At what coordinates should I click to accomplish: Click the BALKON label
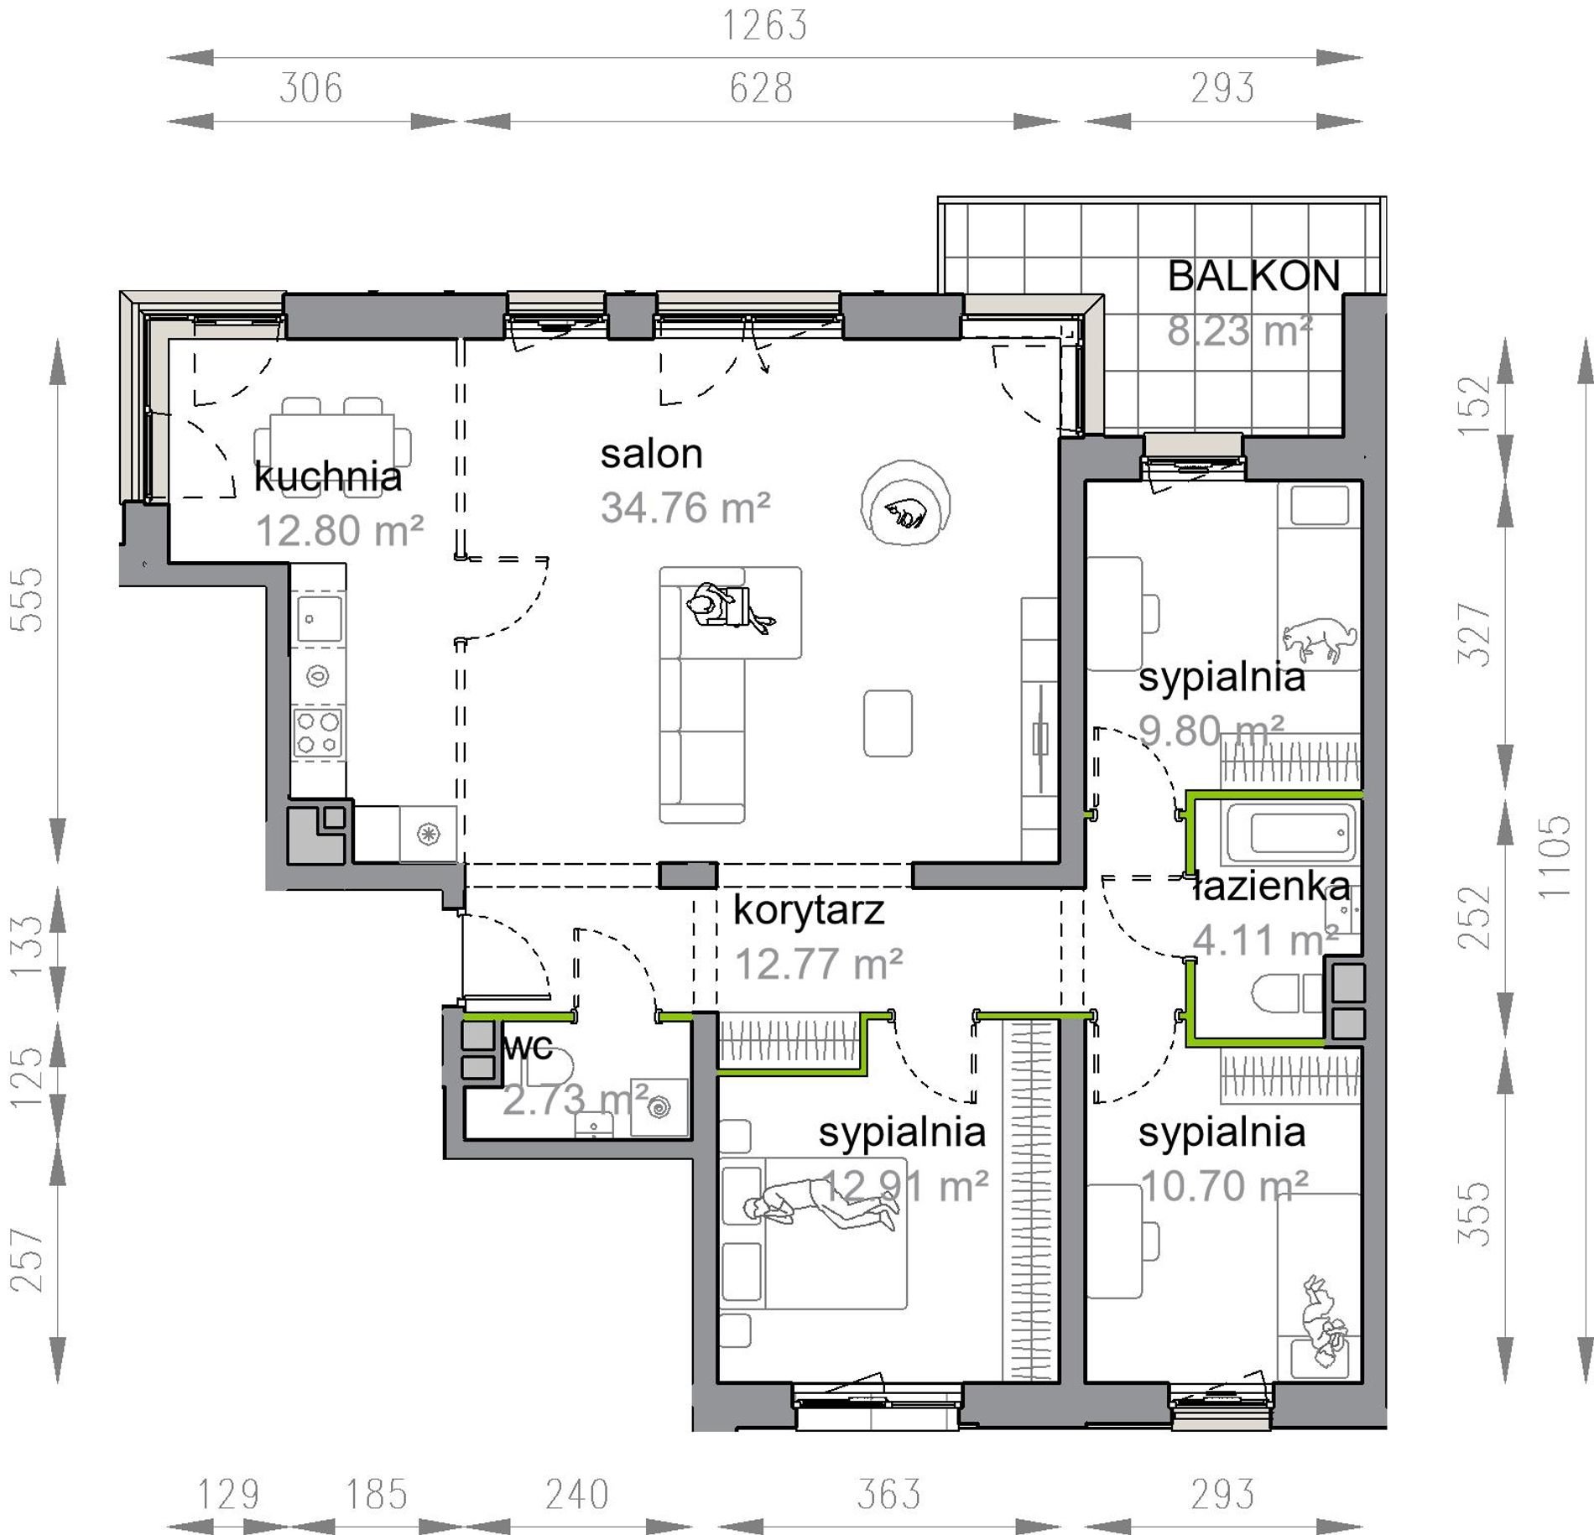pos(1253,276)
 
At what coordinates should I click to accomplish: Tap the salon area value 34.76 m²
pos(685,508)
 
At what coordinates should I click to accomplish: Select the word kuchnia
pos(328,476)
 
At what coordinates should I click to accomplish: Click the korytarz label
pos(809,911)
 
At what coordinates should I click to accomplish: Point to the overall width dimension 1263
pos(765,26)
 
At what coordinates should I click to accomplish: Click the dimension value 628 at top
pos(761,88)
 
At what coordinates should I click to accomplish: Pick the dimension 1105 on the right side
pos(1555,856)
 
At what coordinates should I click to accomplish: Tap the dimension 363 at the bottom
pos(888,1494)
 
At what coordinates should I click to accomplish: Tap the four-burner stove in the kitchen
pos(318,733)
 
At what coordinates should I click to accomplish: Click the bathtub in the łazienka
pos(1291,833)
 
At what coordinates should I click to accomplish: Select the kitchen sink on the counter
pos(318,619)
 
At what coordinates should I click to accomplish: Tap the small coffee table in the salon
pos(888,723)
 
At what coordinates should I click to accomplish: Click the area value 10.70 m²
pos(1225,1186)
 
